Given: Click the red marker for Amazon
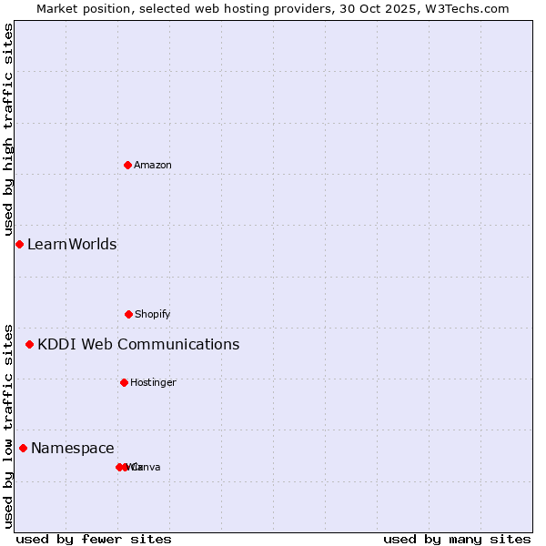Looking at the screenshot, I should (x=127, y=165).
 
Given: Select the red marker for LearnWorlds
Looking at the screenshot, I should (x=19, y=244).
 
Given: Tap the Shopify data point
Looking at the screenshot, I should (x=128, y=314).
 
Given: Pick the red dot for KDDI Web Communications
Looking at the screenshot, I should (x=29, y=344).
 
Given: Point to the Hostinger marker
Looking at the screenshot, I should (x=124, y=382).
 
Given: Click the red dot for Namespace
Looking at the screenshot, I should (x=23, y=448).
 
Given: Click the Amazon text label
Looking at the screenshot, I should (x=153, y=165).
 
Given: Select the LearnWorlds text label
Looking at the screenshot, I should (x=72, y=244).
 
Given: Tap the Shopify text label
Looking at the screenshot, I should (x=153, y=314).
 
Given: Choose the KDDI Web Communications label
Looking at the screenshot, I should (x=138, y=344).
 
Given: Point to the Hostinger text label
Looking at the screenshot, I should (x=153, y=382).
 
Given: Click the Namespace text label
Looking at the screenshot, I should (x=73, y=448).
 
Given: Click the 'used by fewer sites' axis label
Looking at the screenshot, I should (x=94, y=539).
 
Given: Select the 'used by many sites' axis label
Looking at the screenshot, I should (x=457, y=539).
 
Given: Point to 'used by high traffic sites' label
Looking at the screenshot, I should (x=8, y=129).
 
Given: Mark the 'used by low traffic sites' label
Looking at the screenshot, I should (x=8, y=425).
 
